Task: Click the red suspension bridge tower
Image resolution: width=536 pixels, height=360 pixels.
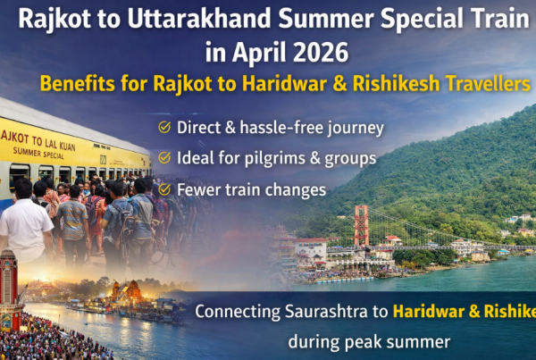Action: tap(361, 226)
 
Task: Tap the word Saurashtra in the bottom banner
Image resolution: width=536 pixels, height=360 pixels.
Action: tap(322, 312)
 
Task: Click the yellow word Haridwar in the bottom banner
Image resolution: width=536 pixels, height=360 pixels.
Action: tap(426, 312)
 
